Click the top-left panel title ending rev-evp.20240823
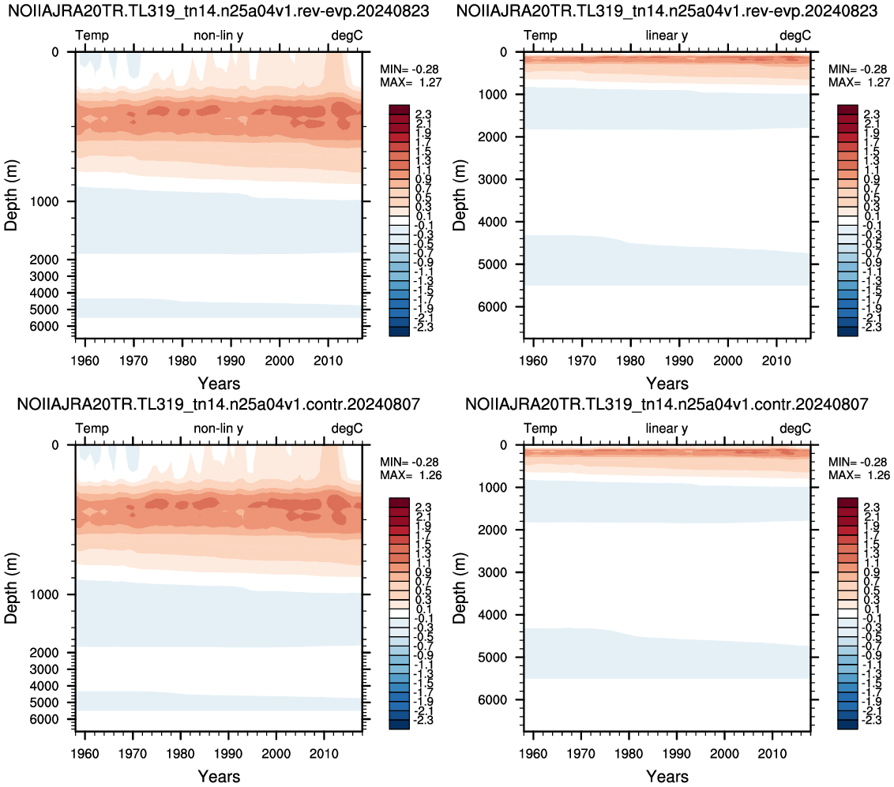click(219, 11)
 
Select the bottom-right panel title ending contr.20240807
click(667, 404)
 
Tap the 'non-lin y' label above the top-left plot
click(219, 36)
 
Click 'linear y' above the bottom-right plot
click(667, 428)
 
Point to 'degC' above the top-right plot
click(794, 36)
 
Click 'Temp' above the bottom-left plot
click(92, 428)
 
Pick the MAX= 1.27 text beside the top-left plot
click(411, 82)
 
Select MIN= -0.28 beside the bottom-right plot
click(858, 462)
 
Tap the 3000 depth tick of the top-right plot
click(493, 179)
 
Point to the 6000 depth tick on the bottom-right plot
click(493, 700)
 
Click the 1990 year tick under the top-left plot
click(231, 361)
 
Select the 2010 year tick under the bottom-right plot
click(772, 753)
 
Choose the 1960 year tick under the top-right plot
click(533, 361)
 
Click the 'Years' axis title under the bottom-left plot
click(219, 776)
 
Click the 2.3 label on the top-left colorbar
click(423, 114)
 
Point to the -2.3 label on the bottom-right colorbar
click(870, 720)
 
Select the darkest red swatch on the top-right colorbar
click(848, 110)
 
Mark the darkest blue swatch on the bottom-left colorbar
click(399, 725)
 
